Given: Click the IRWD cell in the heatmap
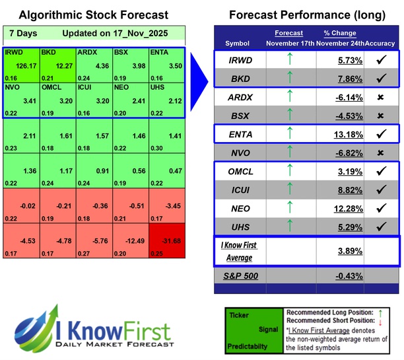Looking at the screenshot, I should pyautogui.click(x=21, y=65).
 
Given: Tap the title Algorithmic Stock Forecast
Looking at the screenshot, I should pyautogui.click(x=93, y=15).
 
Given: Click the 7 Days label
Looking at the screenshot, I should pyautogui.click(x=23, y=33).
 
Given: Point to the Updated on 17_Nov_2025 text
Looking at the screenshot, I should pyautogui.click(x=116, y=33).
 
